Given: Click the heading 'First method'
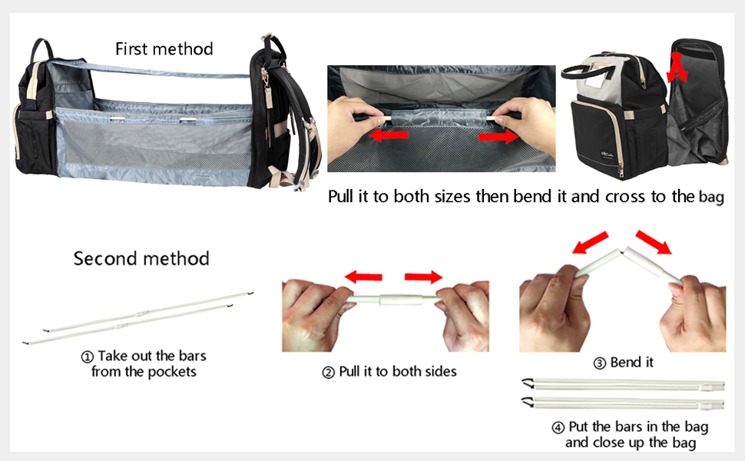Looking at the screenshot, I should coord(164,49).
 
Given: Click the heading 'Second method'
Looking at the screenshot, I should coord(141,258).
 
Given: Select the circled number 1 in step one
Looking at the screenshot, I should coord(88,357).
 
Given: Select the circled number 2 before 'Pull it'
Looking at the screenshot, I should coord(329,372).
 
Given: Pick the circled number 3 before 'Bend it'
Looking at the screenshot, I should coord(601,363).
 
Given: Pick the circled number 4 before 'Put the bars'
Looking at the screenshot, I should coord(558,426).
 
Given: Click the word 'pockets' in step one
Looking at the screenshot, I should coord(173,372).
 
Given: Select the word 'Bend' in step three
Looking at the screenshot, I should coord(625,363).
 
